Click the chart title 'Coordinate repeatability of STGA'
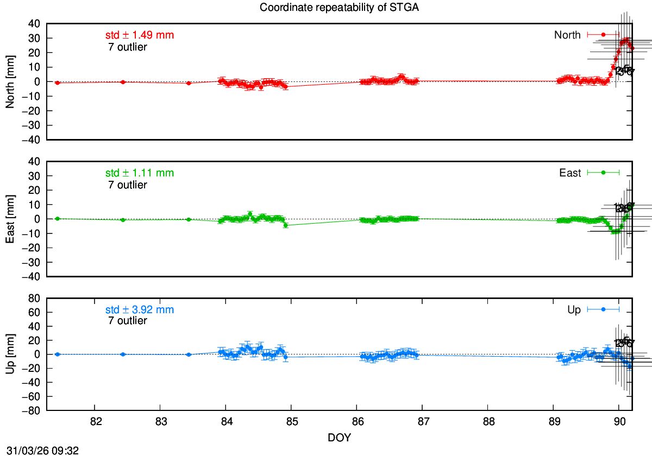[x=324, y=8]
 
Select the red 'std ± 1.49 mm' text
[x=140, y=35]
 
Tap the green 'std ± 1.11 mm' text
[x=140, y=173]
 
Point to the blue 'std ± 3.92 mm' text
[x=140, y=310]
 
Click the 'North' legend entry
[x=567, y=35]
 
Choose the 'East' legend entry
[x=570, y=173]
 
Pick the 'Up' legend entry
[x=574, y=310]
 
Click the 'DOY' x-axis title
[x=340, y=437]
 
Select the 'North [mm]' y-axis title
[x=9, y=81]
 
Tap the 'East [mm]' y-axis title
[x=9, y=219]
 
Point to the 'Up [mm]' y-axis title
[x=9, y=354]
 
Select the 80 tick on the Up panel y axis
[x=34, y=298]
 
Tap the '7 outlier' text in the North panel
[x=128, y=47]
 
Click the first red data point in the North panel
[x=57, y=83]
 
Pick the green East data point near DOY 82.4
[x=123, y=220]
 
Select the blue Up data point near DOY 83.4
[x=189, y=354]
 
